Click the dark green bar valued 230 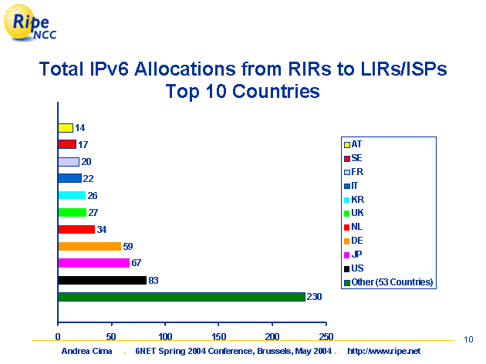tap(181, 297)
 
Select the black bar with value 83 tap(102, 280)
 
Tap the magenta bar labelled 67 tap(93, 263)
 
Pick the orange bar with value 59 tap(89, 246)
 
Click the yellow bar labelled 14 tap(66, 127)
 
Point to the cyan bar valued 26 tap(72, 195)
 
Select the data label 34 tap(102, 229)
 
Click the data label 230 tap(314, 297)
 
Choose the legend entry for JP tap(356, 254)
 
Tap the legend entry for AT tap(356, 143)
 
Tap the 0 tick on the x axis tap(58, 336)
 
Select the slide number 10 tap(468, 339)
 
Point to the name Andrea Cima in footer tap(86, 351)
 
